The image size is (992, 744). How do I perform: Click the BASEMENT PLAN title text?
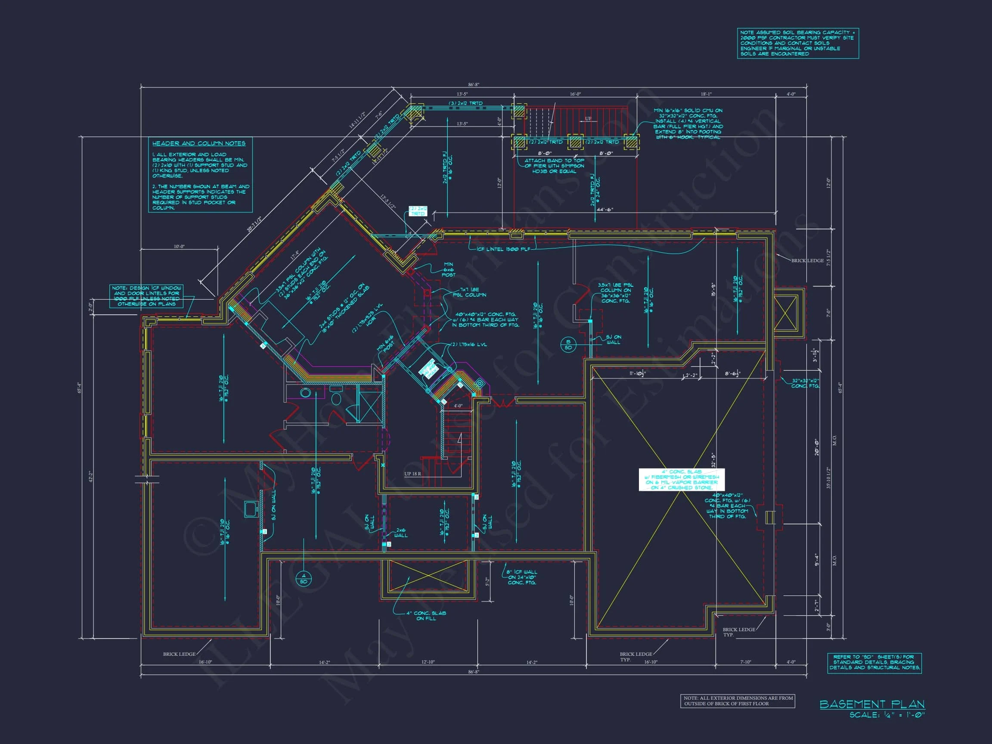[x=872, y=704]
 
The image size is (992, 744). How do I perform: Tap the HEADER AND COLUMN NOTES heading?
[x=198, y=143]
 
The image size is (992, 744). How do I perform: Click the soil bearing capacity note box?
[x=798, y=43]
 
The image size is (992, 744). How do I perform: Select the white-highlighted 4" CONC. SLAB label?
[x=681, y=479]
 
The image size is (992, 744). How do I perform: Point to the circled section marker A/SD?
[x=304, y=579]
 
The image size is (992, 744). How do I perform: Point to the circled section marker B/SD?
[x=568, y=344]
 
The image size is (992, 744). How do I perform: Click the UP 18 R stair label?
[x=412, y=474]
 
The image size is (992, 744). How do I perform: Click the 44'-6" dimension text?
[x=604, y=209]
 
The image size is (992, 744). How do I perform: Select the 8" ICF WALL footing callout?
[x=521, y=577]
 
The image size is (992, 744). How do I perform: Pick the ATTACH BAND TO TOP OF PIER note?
[x=554, y=165]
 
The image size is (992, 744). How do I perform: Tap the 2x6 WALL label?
[x=401, y=532]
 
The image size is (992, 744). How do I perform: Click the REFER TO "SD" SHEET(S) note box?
[x=874, y=662]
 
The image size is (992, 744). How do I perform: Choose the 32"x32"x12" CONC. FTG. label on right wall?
[x=805, y=383]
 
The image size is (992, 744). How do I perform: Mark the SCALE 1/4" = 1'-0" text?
[x=887, y=715]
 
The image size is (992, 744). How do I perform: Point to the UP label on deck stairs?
[x=588, y=119]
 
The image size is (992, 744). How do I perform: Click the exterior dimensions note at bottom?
[x=737, y=701]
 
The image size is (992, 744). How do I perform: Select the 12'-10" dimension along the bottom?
[x=428, y=662]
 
